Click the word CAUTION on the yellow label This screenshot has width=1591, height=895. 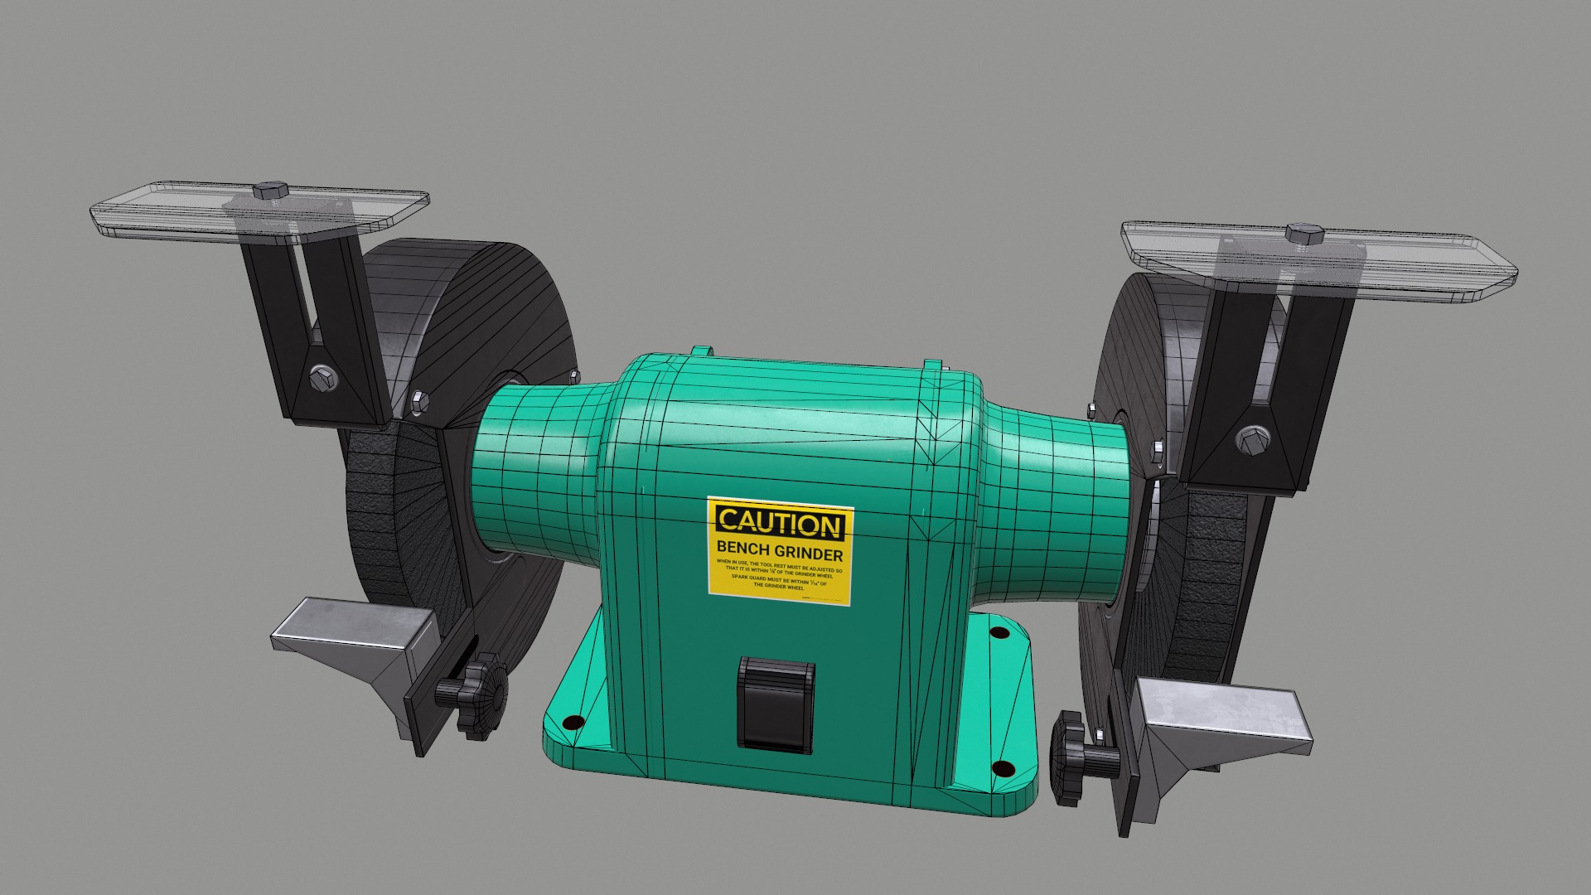[x=779, y=523]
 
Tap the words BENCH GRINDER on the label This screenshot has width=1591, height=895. [x=779, y=551]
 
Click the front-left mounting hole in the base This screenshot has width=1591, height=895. [x=570, y=723]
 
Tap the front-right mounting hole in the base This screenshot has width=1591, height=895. [x=1003, y=768]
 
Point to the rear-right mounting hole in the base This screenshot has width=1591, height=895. [x=999, y=633]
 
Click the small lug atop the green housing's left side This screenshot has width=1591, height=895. [x=701, y=351]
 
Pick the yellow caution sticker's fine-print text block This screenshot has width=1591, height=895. [x=779, y=574]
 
